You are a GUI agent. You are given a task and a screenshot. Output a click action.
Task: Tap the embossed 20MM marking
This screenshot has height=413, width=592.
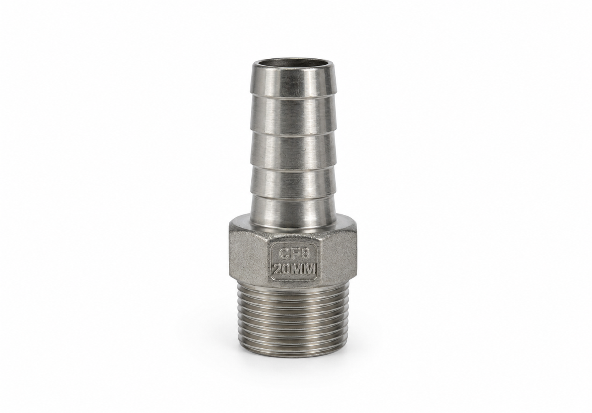(x=294, y=270)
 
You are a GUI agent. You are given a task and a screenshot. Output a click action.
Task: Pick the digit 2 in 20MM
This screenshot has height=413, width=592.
(x=278, y=270)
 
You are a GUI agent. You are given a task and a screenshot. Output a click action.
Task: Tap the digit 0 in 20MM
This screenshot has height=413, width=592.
(x=287, y=270)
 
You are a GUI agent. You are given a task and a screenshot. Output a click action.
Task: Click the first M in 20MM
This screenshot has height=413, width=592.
(x=298, y=270)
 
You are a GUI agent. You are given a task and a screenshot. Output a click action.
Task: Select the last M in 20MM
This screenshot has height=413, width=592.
(x=310, y=270)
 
